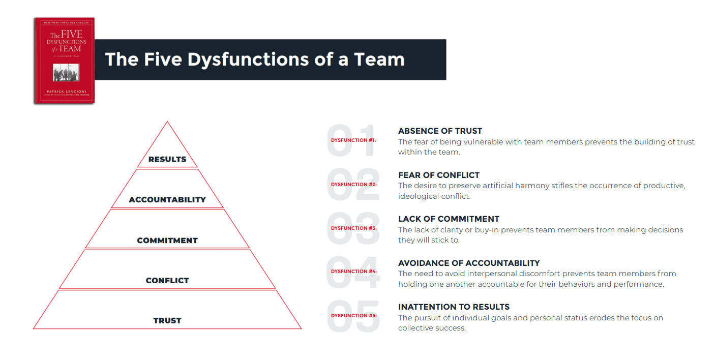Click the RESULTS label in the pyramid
coord(167,159)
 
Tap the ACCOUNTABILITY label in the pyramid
coord(167,200)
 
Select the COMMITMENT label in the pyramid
coord(167,241)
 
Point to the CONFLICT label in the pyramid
coord(167,281)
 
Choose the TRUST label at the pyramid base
coord(167,321)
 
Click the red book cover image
coord(64,61)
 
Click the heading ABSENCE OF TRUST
coord(440,131)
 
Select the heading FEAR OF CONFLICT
coord(439,175)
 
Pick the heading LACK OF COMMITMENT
coord(449,219)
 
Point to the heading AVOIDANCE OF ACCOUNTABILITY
coord(469,263)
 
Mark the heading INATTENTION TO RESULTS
coord(454,307)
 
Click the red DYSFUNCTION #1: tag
coord(353,140)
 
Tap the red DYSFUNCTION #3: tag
coord(353,228)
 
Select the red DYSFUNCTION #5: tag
coord(353,316)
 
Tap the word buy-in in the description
coord(512,230)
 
